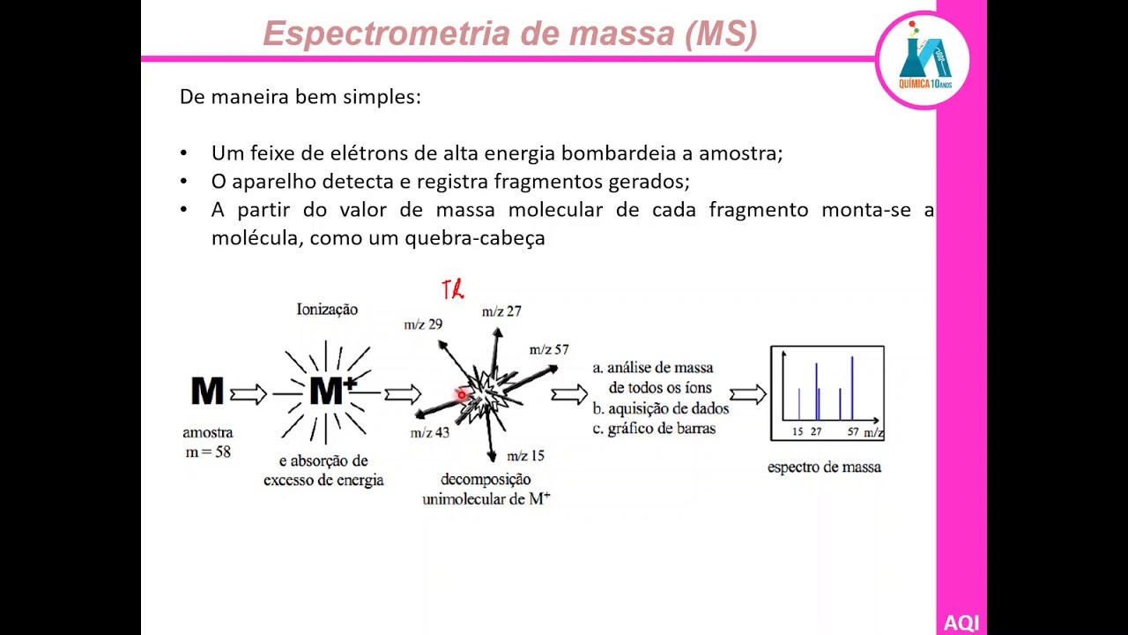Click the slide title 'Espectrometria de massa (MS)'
509,34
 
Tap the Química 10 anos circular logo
924,60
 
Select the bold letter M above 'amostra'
207,392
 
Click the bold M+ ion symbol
332,391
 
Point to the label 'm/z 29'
423,325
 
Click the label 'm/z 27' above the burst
501,311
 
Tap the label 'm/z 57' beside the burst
549,350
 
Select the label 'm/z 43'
430,432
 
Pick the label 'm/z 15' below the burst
525,456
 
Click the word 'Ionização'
327,310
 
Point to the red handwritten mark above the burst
453,289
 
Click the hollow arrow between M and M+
249,394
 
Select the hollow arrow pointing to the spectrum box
747,394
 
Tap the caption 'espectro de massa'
824,467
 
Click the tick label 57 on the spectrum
853,432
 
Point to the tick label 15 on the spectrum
798,432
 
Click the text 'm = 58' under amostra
208,452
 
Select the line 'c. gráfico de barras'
654,429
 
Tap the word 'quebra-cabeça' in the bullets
475,238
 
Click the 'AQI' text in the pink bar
961,623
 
